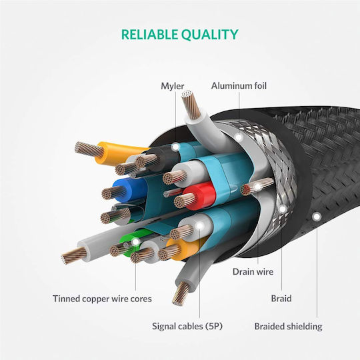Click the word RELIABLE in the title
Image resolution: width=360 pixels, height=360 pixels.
point(149,35)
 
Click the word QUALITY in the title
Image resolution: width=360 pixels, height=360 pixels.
point(209,35)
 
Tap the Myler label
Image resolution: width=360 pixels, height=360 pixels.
point(173,86)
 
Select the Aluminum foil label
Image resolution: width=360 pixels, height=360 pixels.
point(239,85)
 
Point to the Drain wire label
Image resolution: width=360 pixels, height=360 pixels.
point(253,271)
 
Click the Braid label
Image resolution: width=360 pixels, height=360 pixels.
point(281,299)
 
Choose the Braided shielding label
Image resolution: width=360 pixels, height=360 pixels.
point(288,326)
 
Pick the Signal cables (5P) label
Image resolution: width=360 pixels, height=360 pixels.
point(187,326)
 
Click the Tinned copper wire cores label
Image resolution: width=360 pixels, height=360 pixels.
point(102,299)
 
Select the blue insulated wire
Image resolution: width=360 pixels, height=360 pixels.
point(130,190)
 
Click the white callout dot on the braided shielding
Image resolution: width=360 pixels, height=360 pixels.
point(317,217)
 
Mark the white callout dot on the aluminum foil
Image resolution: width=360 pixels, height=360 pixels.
point(239,137)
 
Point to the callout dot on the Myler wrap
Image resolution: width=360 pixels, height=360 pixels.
point(175,147)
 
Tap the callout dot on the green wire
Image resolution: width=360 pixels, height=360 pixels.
point(136,241)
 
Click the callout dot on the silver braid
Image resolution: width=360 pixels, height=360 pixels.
point(282,209)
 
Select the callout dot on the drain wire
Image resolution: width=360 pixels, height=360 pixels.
point(258,187)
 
